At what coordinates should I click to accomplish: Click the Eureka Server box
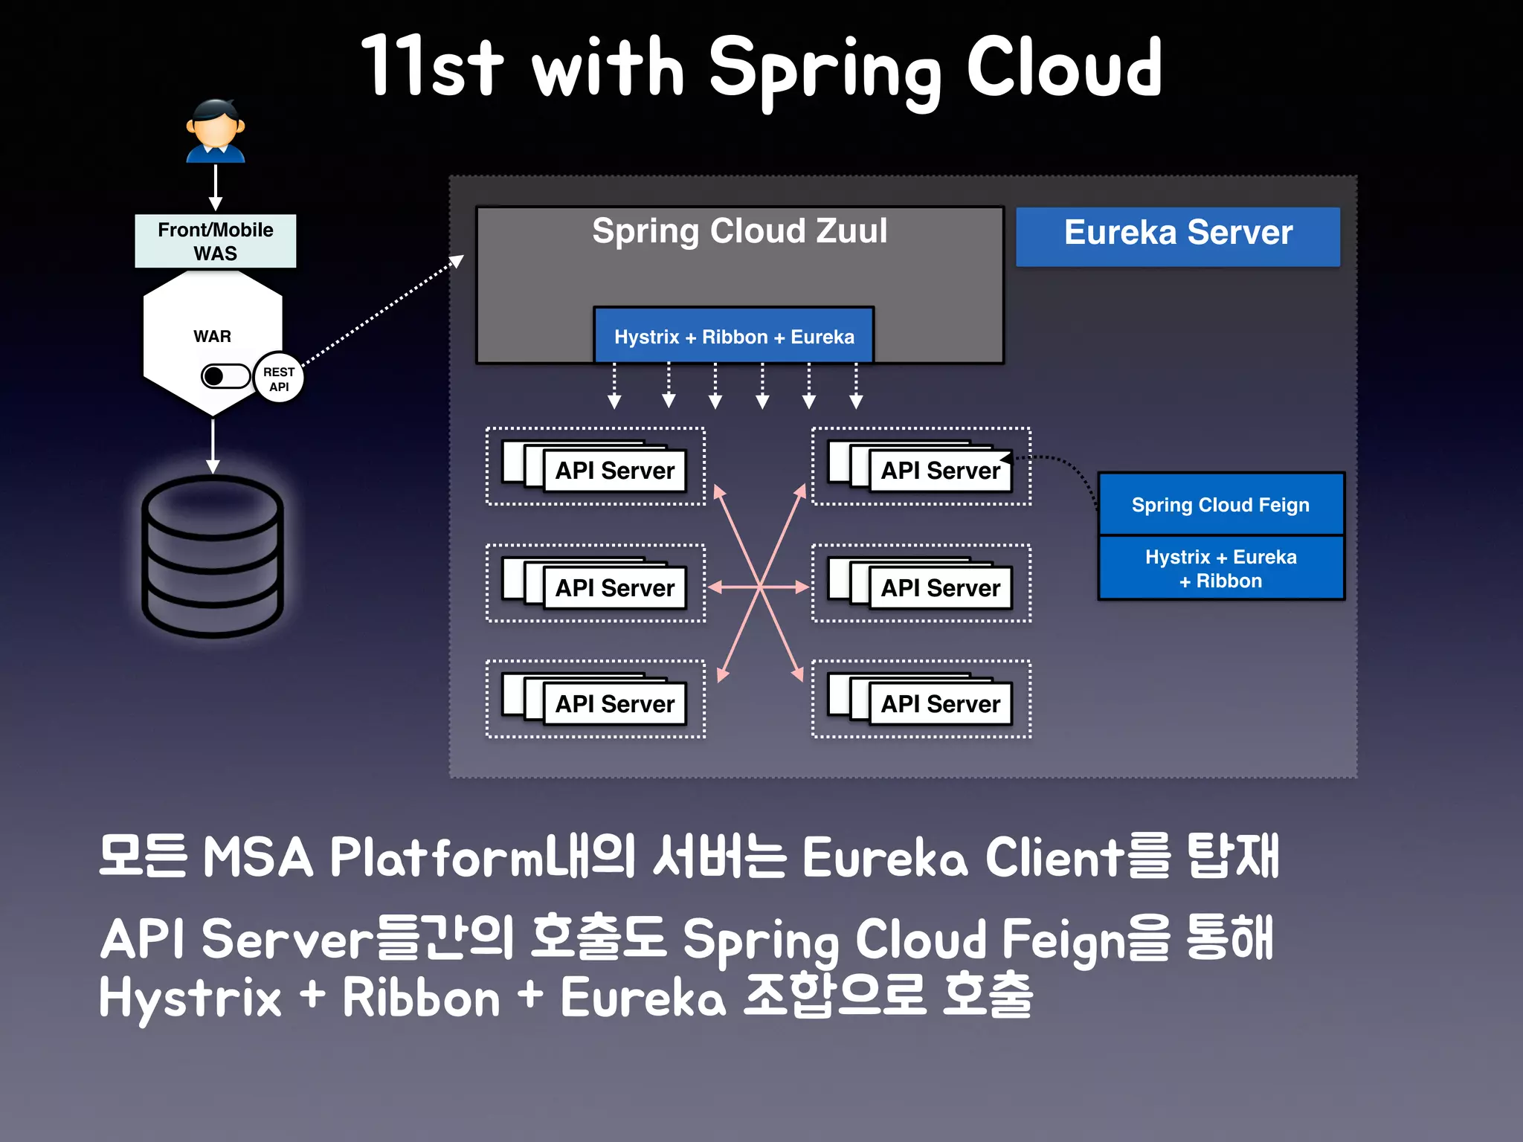[1178, 236]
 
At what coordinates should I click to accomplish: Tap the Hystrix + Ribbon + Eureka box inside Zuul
[734, 336]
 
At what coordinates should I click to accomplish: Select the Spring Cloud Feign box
[1220, 505]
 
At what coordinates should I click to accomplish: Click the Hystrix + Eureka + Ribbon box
[1220, 568]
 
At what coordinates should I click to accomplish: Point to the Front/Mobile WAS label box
[215, 241]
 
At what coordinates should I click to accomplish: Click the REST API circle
[279, 378]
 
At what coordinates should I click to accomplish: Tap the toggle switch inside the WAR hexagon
[225, 376]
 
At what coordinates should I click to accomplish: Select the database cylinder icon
[213, 556]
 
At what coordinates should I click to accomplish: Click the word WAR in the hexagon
[212, 336]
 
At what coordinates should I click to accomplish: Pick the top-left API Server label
[615, 471]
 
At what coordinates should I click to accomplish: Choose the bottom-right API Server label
[941, 703]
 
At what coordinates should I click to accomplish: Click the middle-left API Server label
[615, 588]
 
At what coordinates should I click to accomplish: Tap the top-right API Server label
[941, 471]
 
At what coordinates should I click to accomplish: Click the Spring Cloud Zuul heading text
[739, 230]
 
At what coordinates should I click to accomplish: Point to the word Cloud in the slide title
[1063, 68]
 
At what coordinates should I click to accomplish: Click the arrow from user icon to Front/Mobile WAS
[216, 187]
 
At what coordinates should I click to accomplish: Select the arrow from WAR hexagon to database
[213, 446]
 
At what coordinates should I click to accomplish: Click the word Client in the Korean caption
[1055, 857]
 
